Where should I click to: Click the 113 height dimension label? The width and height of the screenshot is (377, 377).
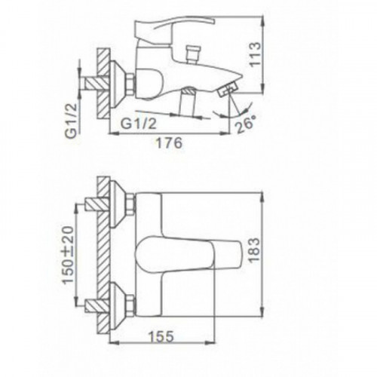(x=256, y=54)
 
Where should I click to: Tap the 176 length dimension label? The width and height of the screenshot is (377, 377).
(x=170, y=143)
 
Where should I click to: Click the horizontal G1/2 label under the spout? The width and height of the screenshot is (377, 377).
(x=138, y=124)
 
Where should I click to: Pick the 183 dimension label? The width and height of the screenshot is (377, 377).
(x=254, y=250)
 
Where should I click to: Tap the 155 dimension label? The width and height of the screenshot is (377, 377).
(x=161, y=336)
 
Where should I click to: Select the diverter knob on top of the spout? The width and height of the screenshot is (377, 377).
(x=193, y=54)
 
